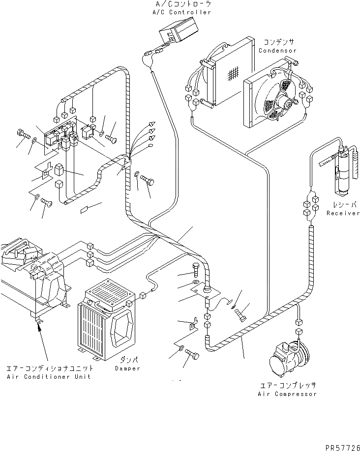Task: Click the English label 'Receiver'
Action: click(343, 213)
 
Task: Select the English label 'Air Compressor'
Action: click(287, 394)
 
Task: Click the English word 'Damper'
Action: click(127, 368)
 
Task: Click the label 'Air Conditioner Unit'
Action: click(49, 376)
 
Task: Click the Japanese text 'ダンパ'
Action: click(127, 360)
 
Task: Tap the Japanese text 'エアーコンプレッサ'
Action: click(287, 386)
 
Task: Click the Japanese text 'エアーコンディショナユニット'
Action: click(49, 368)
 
